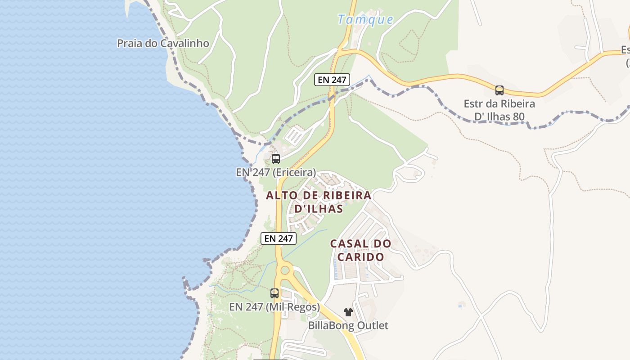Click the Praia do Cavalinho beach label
163,43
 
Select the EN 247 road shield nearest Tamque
332,80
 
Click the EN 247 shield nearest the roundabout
279,238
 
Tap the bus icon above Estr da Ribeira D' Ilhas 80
499,90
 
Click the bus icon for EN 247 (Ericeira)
276,159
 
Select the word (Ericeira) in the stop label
294,172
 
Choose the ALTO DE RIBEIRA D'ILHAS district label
319,202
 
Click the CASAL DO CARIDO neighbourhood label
361,250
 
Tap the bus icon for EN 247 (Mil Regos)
274,293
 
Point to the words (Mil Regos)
293,307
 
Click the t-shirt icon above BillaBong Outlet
348,312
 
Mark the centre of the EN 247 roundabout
285,270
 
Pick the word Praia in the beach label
128,43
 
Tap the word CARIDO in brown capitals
361,257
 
